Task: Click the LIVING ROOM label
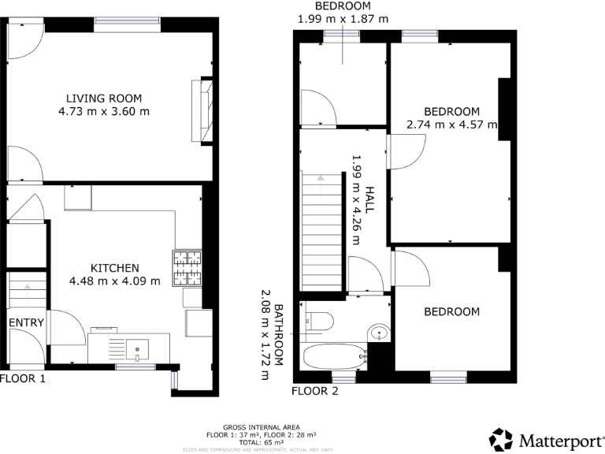pos(104,99)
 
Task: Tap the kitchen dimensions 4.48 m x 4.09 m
pos(114,281)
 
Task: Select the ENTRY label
pos(26,322)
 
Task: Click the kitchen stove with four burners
pos(187,268)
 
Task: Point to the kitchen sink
pos(137,348)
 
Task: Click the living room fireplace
pos(202,109)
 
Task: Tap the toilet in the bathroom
pos(319,321)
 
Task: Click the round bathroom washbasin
pos(379,333)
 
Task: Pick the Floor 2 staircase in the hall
pos(321,233)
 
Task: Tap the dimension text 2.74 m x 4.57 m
pos(451,124)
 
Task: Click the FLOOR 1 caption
pos(23,379)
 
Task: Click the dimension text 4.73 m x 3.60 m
pos(104,112)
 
